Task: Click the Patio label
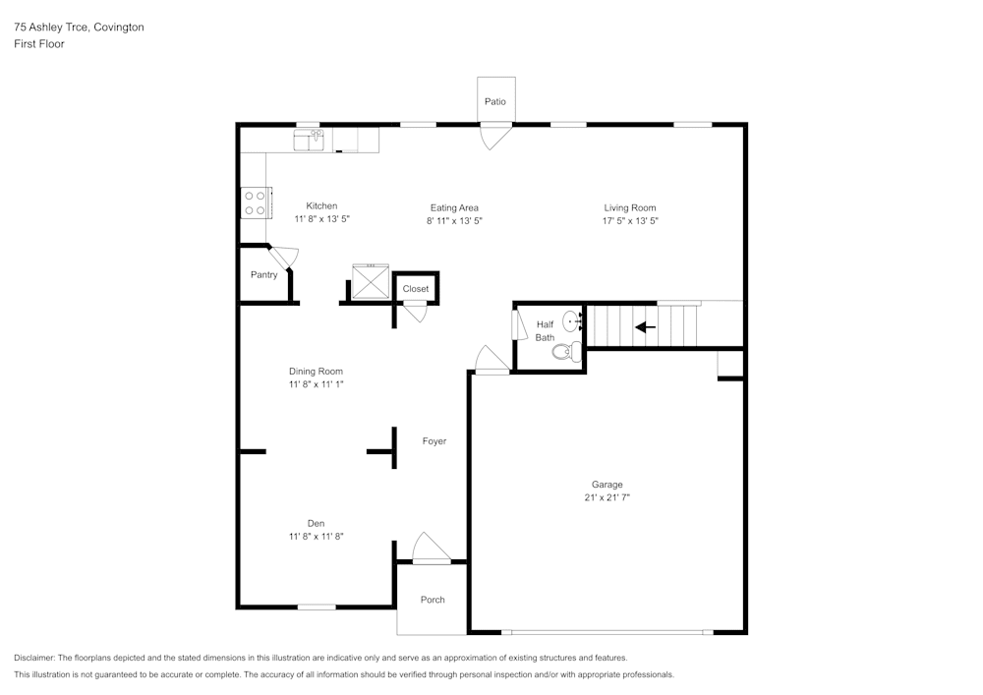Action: click(x=494, y=101)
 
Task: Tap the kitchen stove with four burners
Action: click(x=255, y=203)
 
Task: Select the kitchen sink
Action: click(x=310, y=142)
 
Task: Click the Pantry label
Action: click(x=263, y=275)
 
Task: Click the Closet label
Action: click(x=416, y=289)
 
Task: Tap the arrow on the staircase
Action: click(x=645, y=327)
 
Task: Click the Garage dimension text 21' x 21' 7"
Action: click(x=607, y=498)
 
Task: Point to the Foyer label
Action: click(x=434, y=441)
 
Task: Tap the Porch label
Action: click(x=433, y=600)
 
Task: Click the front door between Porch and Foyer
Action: click(x=430, y=550)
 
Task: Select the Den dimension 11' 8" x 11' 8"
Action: click(x=316, y=537)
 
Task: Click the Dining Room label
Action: click(x=316, y=371)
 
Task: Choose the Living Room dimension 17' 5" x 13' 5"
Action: click(x=630, y=221)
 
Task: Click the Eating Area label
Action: click(x=454, y=207)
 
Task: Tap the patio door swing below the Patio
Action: click(x=493, y=136)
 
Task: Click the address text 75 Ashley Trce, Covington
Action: click(x=79, y=28)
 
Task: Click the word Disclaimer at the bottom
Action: click(x=34, y=658)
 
